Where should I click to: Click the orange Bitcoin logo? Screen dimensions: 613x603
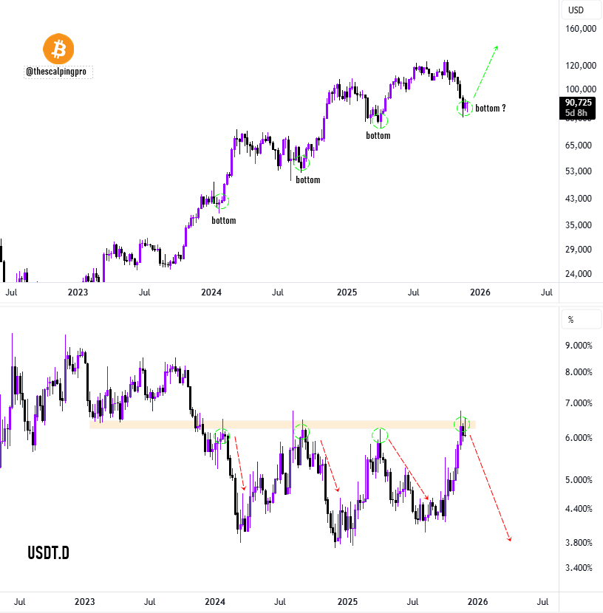(x=59, y=49)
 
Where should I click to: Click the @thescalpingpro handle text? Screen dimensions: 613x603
(x=59, y=72)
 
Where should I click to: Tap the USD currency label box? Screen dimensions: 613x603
(x=575, y=10)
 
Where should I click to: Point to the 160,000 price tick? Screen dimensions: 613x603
(x=579, y=30)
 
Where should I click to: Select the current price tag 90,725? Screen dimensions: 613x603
(x=579, y=103)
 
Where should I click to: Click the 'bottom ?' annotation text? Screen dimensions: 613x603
(x=491, y=109)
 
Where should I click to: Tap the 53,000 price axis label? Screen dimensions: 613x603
(x=581, y=171)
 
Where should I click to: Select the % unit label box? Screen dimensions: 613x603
(x=570, y=320)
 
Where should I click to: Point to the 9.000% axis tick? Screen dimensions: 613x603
(x=579, y=346)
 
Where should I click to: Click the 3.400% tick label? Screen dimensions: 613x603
(x=579, y=568)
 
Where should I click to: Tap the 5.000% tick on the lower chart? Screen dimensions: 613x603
(x=579, y=480)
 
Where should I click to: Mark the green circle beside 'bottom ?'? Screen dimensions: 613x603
(x=464, y=109)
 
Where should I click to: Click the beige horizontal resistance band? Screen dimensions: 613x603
(x=281, y=425)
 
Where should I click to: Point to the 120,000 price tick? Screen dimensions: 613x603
(x=579, y=66)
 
